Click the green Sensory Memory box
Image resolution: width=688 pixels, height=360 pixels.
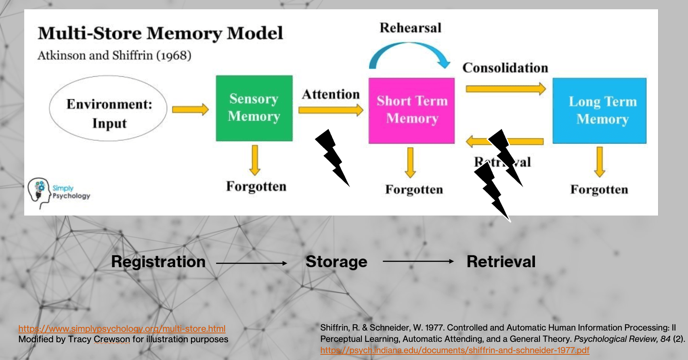[x=254, y=108]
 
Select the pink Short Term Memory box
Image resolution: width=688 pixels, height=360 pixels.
[x=411, y=111]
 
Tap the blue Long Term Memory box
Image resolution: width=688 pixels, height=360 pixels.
[x=599, y=111]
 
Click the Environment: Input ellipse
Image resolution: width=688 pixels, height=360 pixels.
[x=108, y=108]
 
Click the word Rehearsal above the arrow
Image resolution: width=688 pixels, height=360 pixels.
[x=410, y=28]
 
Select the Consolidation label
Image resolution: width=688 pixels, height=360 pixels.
[x=505, y=68]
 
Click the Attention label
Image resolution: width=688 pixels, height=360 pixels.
[x=331, y=94]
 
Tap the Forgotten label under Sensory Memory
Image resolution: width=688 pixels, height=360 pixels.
[x=256, y=186]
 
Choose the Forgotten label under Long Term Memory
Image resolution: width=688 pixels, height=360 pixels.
[x=599, y=190]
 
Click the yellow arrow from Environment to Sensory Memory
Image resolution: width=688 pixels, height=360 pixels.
[x=190, y=109]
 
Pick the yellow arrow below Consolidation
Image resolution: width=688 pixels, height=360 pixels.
[x=506, y=88]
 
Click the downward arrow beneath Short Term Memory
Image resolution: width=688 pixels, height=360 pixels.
[x=410, y=163]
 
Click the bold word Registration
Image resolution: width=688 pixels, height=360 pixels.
[x=158, y=262]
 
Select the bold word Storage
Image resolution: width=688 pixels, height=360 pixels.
[x=336, y=262]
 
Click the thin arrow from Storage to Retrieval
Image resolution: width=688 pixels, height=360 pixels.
[x=418, y=262]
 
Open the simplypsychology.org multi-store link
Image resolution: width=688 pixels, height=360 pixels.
[x=122, y=329]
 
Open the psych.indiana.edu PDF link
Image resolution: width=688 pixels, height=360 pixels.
[x=455, y=350]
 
